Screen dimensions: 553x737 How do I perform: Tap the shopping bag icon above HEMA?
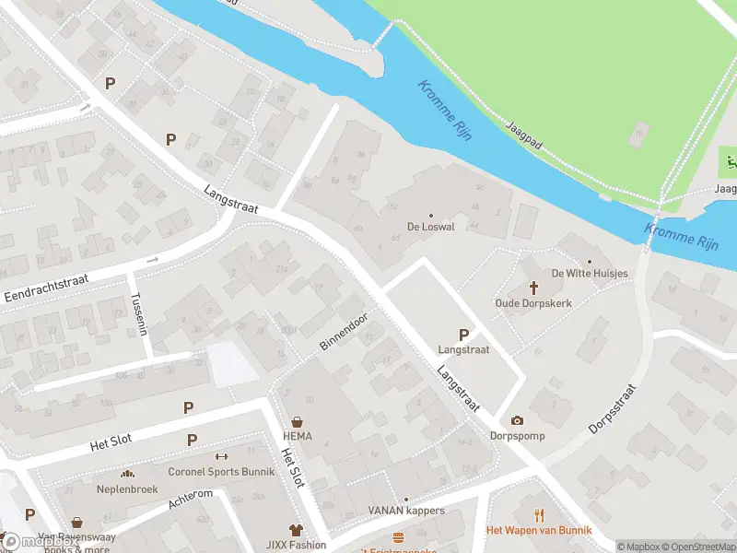(x=297, y=423)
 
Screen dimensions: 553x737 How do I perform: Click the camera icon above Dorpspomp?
(x=517, y=420)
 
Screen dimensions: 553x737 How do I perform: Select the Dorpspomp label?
(x=517, y=436)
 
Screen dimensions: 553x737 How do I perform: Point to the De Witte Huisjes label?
(x=590, y=274)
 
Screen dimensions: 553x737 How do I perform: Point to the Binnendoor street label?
(x=344, y=331)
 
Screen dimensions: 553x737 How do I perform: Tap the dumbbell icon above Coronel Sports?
(x=220, y=456)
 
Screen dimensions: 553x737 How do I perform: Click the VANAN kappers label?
(x=406, y=511)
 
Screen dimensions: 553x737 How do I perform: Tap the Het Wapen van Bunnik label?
(x=539, y=530)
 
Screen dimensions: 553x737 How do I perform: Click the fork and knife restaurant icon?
(x=539, y=515)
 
